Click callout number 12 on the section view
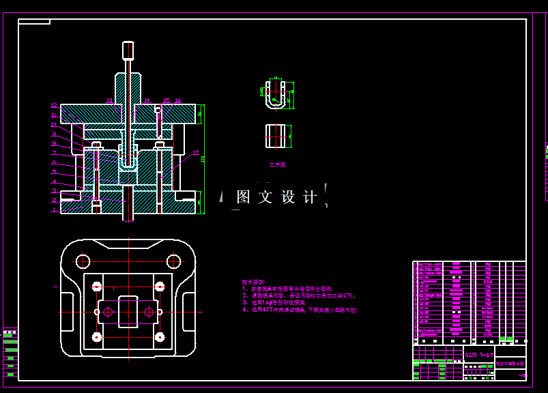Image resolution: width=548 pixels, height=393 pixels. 54,106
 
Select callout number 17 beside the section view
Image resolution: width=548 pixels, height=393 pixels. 195,154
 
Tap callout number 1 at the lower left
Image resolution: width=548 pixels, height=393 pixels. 54,210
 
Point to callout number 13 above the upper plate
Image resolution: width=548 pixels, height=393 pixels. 109,100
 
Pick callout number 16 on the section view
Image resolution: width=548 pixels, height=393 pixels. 178,100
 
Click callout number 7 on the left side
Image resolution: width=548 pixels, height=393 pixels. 54,154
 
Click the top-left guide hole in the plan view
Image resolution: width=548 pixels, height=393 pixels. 83,261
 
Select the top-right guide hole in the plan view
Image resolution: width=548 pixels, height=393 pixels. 174,261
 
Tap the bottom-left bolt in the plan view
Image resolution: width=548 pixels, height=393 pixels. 97,337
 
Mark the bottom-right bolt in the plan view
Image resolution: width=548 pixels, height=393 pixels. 160,337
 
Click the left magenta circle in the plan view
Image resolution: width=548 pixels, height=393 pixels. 108,312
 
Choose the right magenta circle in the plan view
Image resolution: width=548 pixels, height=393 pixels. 149,312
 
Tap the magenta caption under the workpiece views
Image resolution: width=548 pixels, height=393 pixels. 277,164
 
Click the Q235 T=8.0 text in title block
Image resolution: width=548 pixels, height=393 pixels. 479,355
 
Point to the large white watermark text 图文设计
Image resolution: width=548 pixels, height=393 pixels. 276,197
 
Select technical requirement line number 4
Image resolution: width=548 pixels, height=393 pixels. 300,310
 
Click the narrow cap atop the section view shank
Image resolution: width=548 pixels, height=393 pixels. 128,50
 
